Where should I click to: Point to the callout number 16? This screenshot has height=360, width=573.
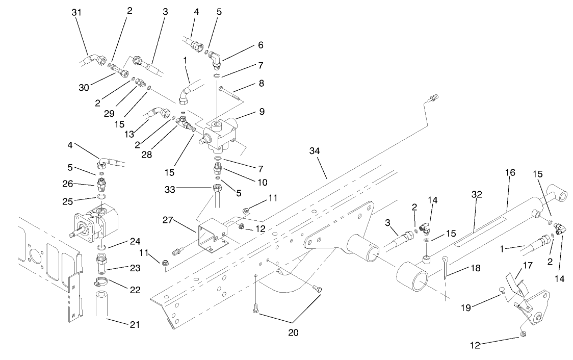[511, 173]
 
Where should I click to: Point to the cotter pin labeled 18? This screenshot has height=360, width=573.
[445, 268]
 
